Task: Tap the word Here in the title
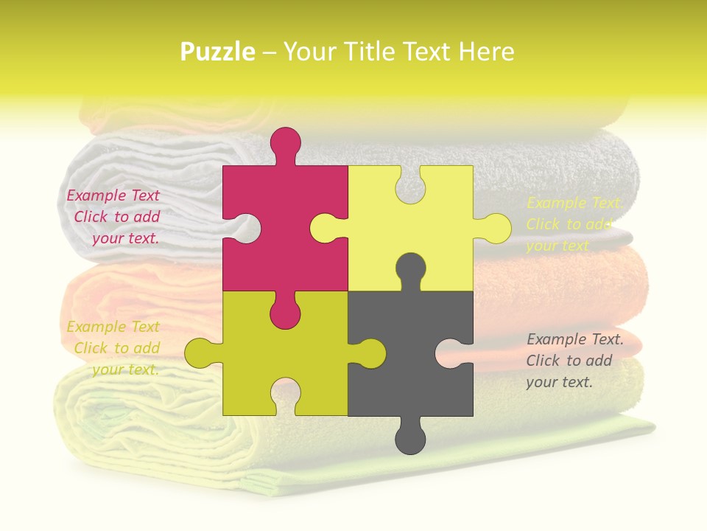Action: (486, 52)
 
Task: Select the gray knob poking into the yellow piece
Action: (410, 269)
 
